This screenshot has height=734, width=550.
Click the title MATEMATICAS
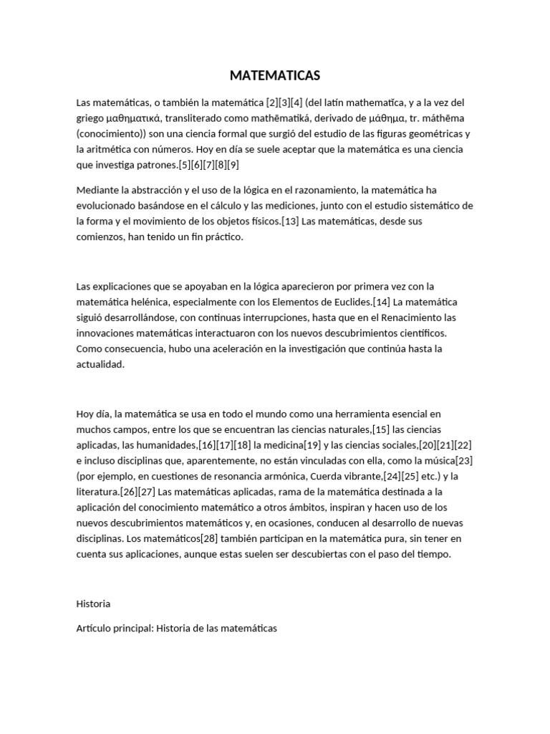coord(275,75)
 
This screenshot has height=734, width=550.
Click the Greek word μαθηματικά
coord(136,118)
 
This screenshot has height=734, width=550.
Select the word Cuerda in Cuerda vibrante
coord(326,477)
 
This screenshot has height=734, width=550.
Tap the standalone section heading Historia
coord(93,604)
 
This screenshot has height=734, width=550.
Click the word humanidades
coord(158,445)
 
